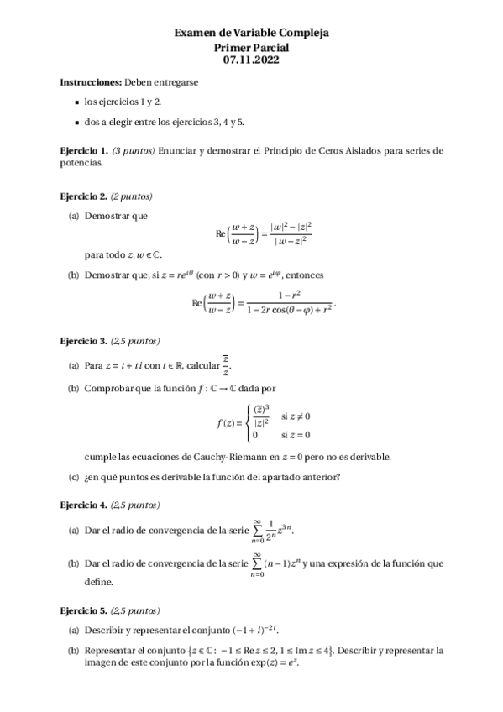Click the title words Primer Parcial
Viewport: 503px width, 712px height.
click(x=251, y=47)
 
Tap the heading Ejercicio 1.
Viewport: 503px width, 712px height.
click(x=84, y=150)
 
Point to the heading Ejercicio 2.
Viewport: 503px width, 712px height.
click(x=84, y=196)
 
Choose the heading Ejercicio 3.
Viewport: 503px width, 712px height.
click(x=84, y=342)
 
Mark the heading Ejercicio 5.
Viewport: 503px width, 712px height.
click(x=84, y=610)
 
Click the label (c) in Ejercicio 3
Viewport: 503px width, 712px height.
click(x=74, y=478)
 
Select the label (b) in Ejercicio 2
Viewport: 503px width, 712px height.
click(x=74, y=275)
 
